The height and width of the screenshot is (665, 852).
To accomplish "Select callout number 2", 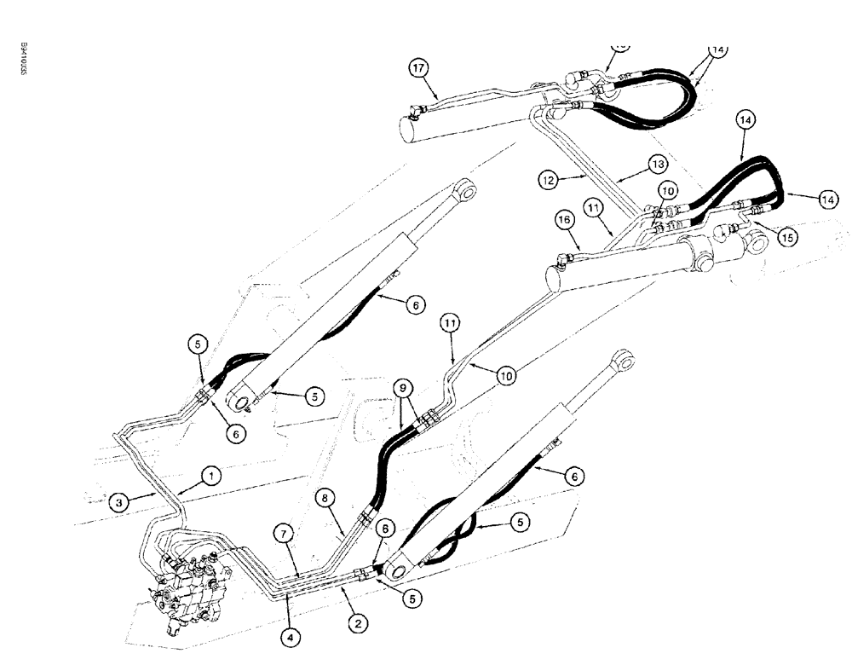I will click(x=359, y=623).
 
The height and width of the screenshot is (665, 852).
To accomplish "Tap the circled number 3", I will click(x=120, y=503).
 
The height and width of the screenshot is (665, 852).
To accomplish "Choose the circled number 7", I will click(x=285, y=532).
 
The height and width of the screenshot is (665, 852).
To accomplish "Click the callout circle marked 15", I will click(x=789, y=238).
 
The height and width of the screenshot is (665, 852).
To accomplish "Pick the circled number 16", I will click(x=563, y=220).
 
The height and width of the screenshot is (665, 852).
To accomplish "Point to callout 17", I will click(x=417, y=69).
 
